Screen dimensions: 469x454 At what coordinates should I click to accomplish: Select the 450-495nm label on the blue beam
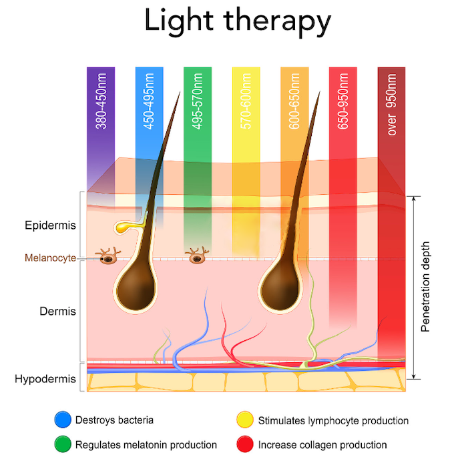click(x=150, y=100)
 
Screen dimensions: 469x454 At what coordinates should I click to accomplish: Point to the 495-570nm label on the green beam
click(x=198, y=100)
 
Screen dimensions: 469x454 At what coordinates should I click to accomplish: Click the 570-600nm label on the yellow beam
click(x=246, y=100)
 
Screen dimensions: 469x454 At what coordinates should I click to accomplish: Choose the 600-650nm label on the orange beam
click(x=295, y=100)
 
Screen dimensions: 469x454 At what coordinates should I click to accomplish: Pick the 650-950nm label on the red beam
click(x=343, y=100)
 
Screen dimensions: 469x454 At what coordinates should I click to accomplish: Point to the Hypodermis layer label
click(x=45, y=380)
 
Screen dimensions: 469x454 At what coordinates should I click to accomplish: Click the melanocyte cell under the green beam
click(x=196, y=256)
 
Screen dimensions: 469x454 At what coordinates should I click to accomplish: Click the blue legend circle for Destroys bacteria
click(x=63, y=420)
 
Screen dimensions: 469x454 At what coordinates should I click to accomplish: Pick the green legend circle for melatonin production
click(x=63, y=444)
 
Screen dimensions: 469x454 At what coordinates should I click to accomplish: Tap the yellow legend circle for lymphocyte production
click(x=245, y=420)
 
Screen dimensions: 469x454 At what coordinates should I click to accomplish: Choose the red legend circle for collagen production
click(x=245, y=444)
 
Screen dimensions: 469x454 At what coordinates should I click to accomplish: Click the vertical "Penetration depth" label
click(x=427, y=287)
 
